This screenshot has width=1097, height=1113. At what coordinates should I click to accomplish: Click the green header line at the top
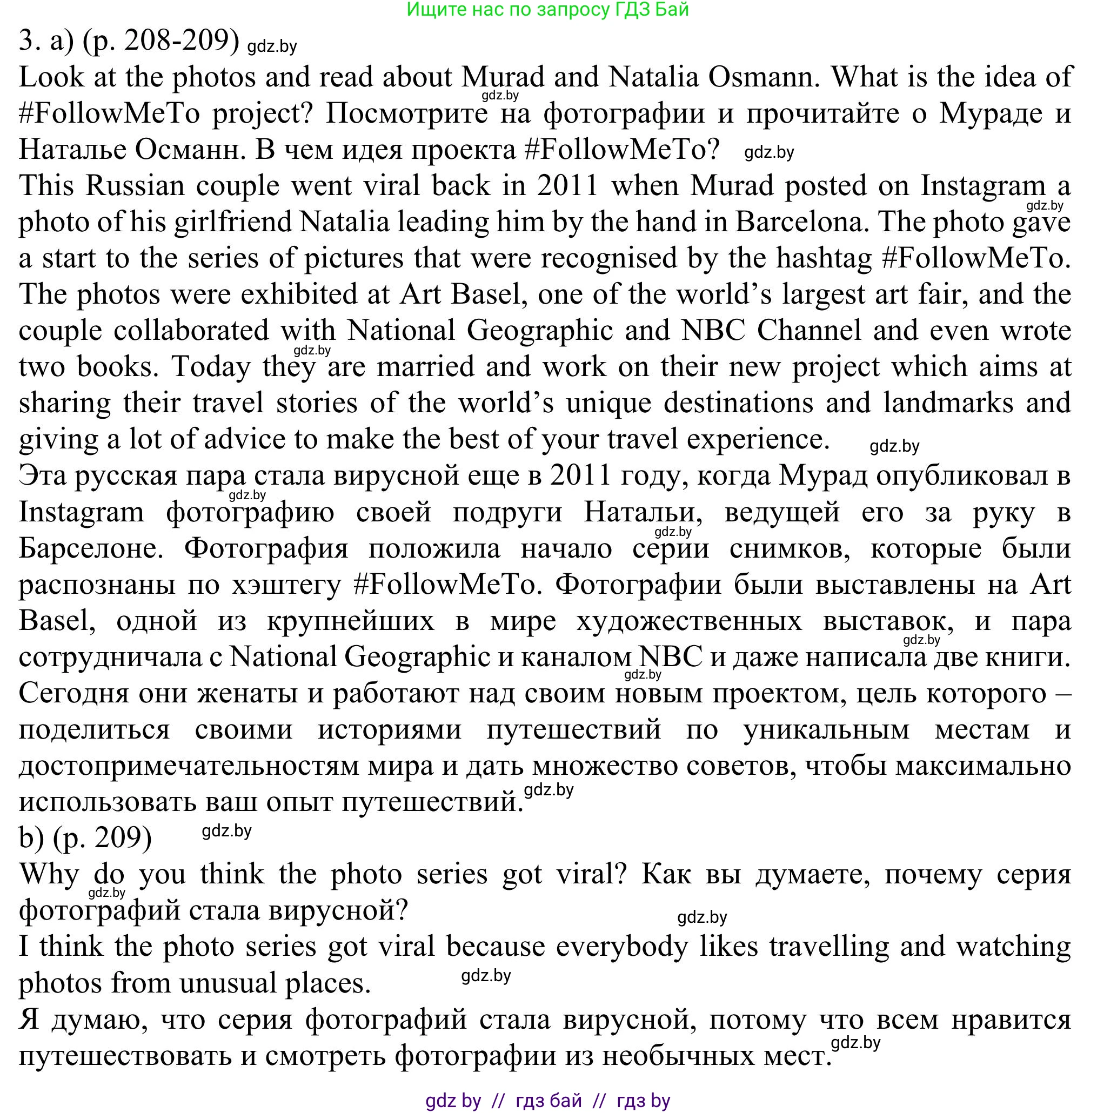click(x=547, y=9)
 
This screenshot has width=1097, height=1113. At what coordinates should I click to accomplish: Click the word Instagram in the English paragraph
click(x=983, y=185)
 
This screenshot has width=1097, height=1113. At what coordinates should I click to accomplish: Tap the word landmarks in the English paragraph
click(x=948, y=403)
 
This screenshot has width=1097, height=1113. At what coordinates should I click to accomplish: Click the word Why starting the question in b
click(x=49, y=874)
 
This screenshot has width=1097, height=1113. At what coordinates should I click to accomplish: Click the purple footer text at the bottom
click(x=547, y=1101)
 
